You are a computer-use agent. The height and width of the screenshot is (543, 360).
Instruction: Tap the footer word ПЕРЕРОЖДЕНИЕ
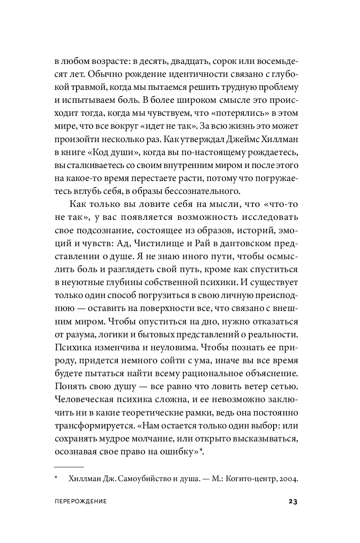pos(81,502)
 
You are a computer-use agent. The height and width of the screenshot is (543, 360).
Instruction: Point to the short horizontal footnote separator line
pos(69,467)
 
